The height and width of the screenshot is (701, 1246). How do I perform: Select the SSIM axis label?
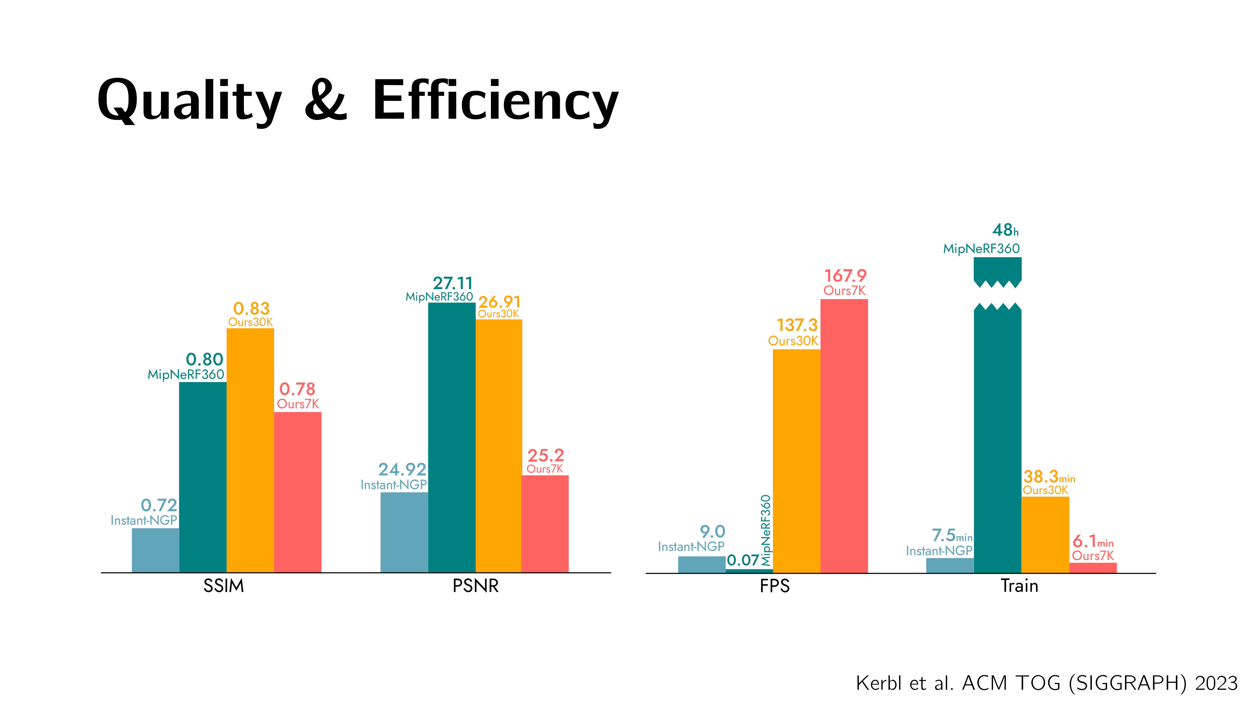pos(223,586)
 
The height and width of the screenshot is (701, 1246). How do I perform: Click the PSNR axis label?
pos(475,586)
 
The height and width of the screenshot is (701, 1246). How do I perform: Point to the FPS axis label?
pos(774,586)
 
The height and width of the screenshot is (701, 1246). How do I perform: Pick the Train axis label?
pos(1019,586)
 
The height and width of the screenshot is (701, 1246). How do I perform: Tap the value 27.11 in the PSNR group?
pos(452,283)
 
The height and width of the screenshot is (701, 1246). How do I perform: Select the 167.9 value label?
pos(845,276)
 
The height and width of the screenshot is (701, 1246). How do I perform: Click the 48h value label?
pos(1005,230)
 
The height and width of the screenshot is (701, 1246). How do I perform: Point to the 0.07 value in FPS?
pos(743,560)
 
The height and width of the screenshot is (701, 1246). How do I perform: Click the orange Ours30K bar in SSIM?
pos(250,450)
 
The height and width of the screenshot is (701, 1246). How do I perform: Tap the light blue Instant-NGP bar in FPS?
pos(701,564)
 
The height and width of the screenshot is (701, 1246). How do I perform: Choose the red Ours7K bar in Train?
pos(1093,567)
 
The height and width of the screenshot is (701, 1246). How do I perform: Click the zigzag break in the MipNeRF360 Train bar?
pos(997,295)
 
